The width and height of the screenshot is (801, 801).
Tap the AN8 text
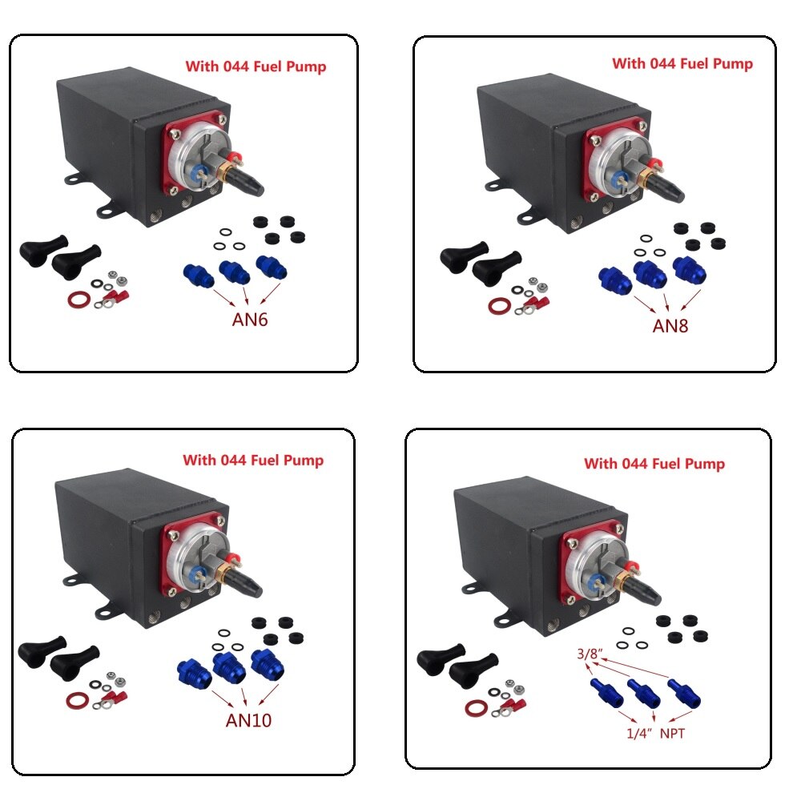670,326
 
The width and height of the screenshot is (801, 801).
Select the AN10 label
248,720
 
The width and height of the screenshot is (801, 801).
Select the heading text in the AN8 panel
682,63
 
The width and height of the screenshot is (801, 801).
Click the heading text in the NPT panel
654,464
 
